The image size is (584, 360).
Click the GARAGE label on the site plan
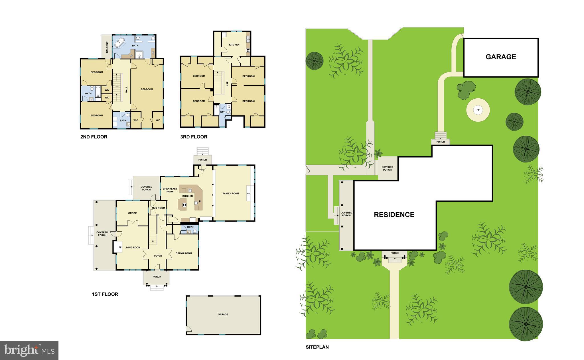[501, 57]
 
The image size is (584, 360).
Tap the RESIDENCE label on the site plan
[394, 215]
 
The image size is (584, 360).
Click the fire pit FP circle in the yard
[478, 110]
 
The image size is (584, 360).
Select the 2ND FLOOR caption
[94, 137]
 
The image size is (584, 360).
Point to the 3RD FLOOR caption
[194, 137]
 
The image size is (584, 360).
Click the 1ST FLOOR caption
[105, 294]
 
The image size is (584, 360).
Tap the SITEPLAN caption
[317, 347]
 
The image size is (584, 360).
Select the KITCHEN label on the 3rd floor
[234, 45]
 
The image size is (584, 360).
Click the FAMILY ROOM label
[231, 194]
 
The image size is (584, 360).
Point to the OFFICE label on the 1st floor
[132, 213]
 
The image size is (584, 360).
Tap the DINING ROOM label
[184, 253]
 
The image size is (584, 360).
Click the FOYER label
[158, 256]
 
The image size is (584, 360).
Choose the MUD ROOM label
[158, 208]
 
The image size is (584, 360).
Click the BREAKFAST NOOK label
[170, 190]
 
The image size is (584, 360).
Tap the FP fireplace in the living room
[120, 247]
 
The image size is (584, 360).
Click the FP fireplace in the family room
[248, 194]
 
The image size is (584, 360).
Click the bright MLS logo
[29, 350]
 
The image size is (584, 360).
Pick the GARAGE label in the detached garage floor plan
[223, 314]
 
